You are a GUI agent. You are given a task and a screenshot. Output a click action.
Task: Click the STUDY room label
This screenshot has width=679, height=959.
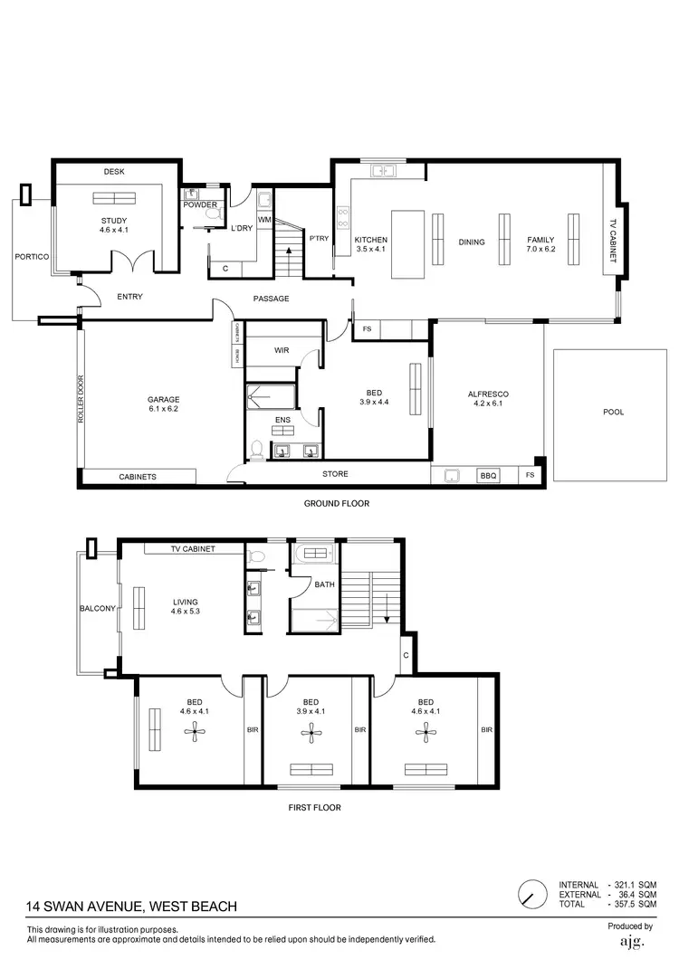tap(113, 221)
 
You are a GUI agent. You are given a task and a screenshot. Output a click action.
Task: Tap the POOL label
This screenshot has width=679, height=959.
tap(613, 412)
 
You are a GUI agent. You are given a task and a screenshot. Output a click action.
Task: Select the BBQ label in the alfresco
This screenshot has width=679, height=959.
tap(488, 475)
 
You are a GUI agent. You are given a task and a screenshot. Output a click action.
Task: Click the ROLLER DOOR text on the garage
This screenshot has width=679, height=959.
tap(81, 399)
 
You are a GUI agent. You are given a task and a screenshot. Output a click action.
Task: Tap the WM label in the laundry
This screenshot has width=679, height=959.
tap(263, 220)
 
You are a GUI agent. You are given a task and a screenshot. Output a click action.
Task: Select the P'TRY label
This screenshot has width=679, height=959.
tap(318, 239)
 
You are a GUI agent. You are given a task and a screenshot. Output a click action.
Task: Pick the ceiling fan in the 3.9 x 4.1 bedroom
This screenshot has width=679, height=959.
tap(311, 736)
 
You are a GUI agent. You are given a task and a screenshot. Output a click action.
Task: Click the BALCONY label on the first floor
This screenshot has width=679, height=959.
tap(97, 608)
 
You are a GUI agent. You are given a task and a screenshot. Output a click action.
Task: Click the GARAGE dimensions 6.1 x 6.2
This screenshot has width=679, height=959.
tap(164, 410)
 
